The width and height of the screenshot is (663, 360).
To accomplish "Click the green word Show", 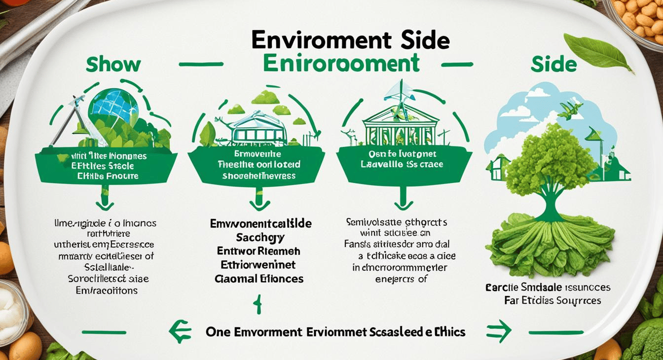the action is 113,65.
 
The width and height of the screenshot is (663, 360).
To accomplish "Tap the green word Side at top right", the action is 553,65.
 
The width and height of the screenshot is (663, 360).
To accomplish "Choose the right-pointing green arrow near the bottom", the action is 497,331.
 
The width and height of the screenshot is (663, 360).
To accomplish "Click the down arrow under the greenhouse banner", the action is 259,203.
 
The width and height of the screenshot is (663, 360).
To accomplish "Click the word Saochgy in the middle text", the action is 260,238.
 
